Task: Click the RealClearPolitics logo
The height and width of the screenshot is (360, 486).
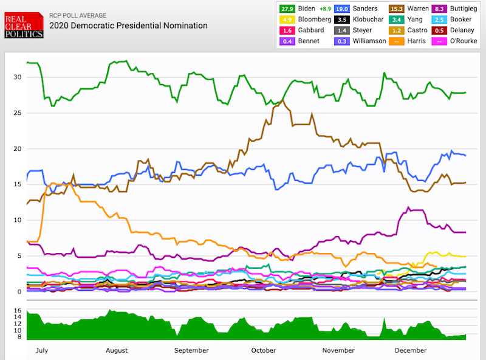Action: [x=24, y=24]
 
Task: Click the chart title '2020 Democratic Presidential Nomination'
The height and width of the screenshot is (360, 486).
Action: [x=128, y=26]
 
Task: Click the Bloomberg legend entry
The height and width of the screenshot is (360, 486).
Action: [x=310, y=19]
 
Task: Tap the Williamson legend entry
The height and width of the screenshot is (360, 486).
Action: [x=364, y=41]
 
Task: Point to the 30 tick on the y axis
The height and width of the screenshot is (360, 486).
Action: [x=18, y=77]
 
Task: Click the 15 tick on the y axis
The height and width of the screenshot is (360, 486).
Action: [x=18, y=184]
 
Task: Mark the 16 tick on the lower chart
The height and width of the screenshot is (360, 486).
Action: [x=18, y=311]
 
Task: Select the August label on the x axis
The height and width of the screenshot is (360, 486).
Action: [x=116, y=350]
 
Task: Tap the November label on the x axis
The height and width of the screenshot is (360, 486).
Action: [x=338, y=350]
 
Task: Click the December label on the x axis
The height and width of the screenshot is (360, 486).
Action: [x=411, y=350]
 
